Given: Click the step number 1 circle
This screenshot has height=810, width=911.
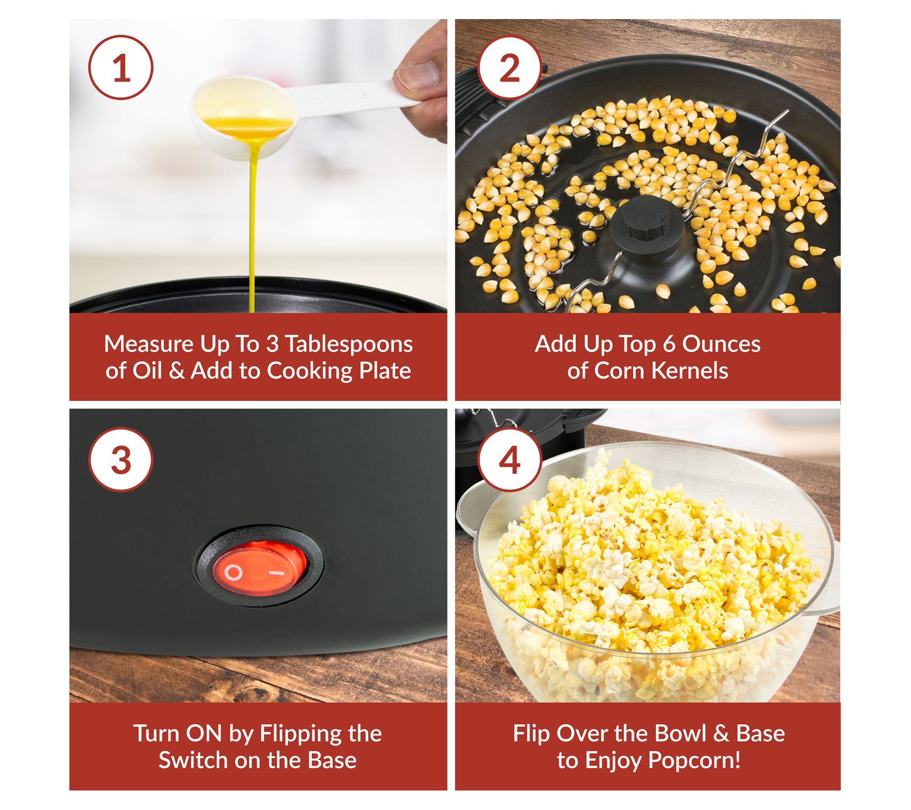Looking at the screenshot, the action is [x=121, y=67].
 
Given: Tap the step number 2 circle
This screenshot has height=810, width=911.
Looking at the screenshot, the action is [x=510, y=67].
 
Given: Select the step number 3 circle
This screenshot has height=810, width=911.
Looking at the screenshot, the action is [x=121, y=460].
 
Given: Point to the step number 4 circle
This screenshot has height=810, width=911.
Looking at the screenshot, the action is [x=510, y=460].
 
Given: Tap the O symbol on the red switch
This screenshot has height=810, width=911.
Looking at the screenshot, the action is [x=233, y=573].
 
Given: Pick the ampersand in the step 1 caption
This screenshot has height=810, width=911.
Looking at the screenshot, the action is [x=177, y=370].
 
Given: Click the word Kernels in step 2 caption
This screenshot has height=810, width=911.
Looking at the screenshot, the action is [x=690, y=370].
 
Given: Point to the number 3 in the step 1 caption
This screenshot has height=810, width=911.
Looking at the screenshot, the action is [x=272, y=344].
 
